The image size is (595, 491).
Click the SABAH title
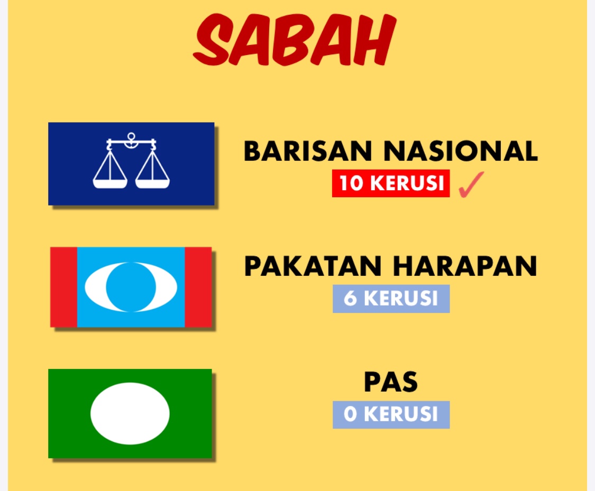295,40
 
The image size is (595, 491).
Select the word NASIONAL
461,151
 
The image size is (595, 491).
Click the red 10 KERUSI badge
391,183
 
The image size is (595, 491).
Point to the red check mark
471,184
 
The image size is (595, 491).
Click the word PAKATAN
313,266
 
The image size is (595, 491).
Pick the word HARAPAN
465,266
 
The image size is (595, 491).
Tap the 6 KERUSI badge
391,299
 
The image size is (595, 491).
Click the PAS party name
391,382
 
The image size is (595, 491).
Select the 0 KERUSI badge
391,415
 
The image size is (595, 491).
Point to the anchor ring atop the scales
131,136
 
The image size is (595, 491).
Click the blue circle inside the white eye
131,287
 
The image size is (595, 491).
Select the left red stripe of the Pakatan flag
64,287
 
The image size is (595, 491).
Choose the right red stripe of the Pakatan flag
198,287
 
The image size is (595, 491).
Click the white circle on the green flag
130,414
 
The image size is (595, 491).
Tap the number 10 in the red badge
351,183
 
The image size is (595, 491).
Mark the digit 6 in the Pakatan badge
350,299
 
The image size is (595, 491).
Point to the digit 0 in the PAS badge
351,414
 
